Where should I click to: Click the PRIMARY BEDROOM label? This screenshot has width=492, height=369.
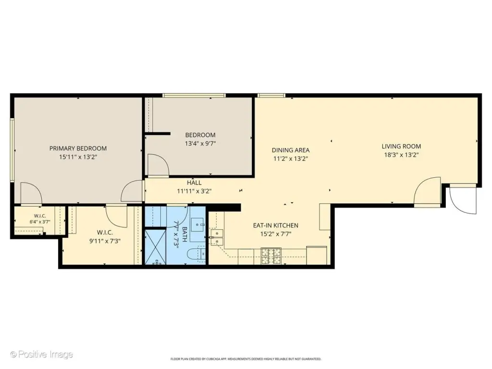78,148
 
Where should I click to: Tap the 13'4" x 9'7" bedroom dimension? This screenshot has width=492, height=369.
200,143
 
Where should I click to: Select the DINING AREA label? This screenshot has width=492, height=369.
291,150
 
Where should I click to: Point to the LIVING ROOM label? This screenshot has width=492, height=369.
401,146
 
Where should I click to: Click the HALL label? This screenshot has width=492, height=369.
194,183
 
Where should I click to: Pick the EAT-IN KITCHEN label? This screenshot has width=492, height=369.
276,225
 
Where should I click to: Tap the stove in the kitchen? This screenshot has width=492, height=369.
271,256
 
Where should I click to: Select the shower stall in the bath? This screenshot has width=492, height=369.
155,247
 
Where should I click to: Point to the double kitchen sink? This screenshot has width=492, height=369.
217,237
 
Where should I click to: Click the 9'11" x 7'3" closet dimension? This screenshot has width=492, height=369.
105,241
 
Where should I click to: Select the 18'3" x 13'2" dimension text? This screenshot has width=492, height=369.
401,155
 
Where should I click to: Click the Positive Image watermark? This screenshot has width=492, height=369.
41,355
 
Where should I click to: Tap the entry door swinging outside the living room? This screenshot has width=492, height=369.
463,200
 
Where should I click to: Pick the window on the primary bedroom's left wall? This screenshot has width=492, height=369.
12,150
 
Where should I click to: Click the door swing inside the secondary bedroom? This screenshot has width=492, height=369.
158,165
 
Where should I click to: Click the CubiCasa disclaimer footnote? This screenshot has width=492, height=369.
246,359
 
